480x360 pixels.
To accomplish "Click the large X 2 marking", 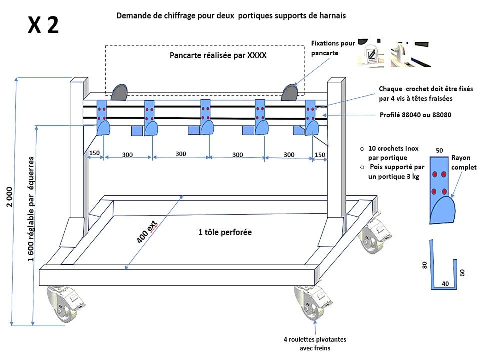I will (44, 24).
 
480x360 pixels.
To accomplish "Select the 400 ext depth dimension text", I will (148, 230).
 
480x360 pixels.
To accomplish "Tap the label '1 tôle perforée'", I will (225, 232).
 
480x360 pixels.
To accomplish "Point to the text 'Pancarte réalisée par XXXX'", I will (218, 56).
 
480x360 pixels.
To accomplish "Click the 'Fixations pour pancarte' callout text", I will (333, 48).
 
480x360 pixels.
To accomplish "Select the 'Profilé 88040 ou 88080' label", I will (416, 115).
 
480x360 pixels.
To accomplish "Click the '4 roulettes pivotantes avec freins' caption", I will (315, 344).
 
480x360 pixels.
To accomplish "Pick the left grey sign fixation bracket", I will (120, 92).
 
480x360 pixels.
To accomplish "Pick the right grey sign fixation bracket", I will (290, 92).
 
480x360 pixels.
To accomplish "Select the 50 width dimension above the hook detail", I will (439, 150).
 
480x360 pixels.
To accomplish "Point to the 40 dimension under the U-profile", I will (444, 283).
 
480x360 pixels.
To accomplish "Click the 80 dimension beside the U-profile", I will (425, 264).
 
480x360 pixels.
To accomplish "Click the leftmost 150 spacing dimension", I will (94, 153).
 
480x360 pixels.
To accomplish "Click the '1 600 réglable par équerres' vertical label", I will (31, 210).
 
